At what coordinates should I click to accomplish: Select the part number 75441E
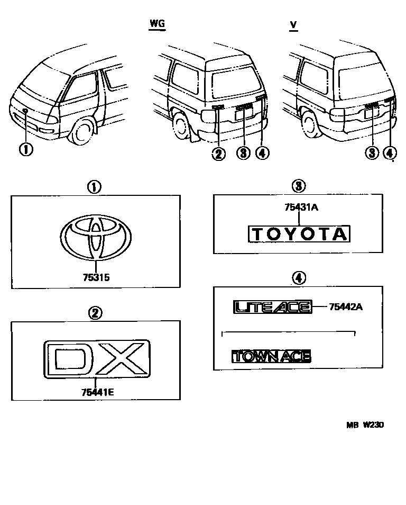tap(96, 392)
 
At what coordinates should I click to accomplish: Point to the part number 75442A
tap(345, 306)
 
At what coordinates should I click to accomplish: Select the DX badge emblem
tap(96, 358)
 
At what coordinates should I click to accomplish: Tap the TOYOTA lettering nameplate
tap(299, 234)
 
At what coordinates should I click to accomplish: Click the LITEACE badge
tap(272, 306)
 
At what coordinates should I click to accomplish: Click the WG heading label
tap(157, 24)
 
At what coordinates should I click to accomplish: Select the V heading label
tap(293, 24)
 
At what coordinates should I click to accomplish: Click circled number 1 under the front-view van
tap(25, 149)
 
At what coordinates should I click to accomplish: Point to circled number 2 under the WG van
tap(218, 154)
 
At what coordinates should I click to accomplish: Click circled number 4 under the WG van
tap(262, 154)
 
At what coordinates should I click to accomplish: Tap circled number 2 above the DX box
tap(95, 313)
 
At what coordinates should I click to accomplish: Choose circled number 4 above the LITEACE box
tap(299, 277)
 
